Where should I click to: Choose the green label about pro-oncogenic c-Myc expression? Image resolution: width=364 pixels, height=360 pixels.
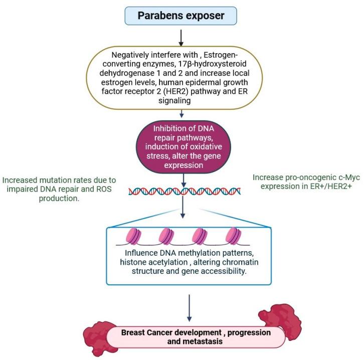[x=306, y=182]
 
